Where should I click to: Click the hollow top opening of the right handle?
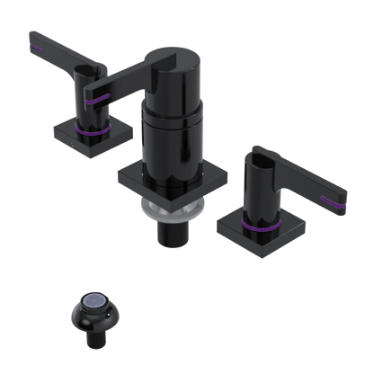(257, 162)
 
